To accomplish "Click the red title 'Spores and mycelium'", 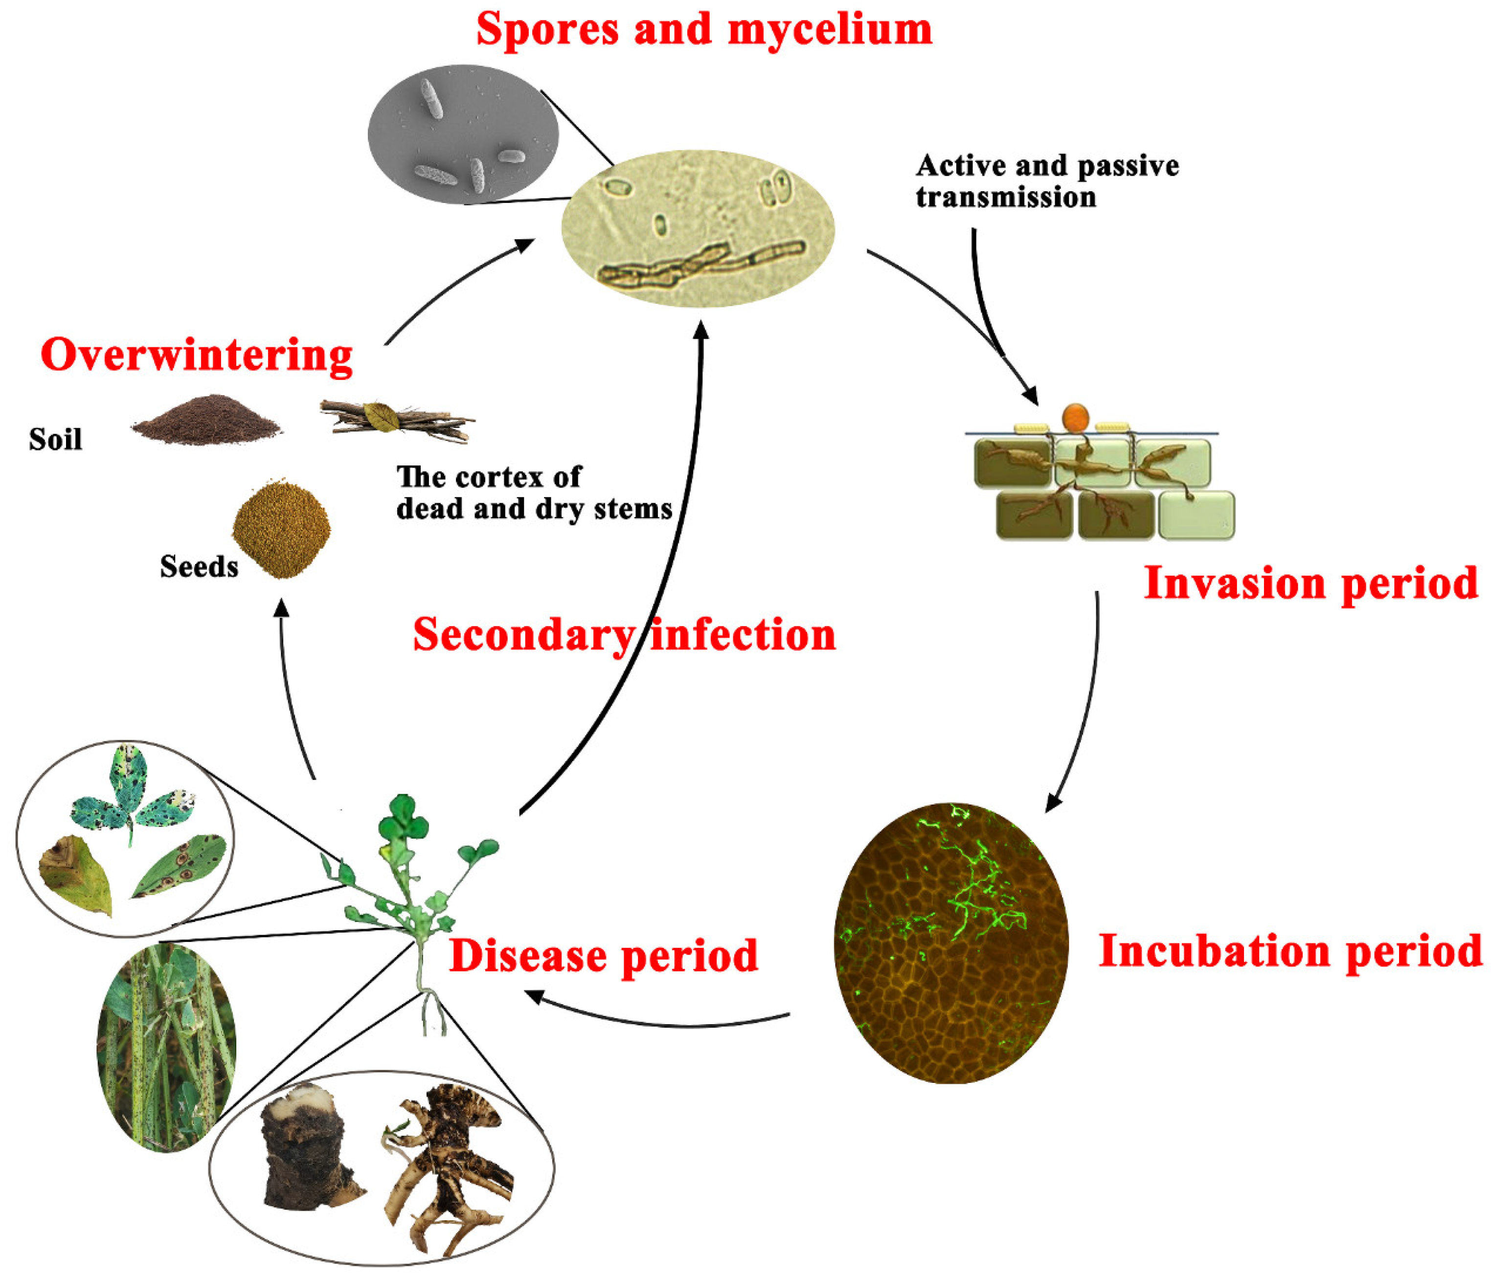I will [704, 30].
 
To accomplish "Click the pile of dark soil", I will [206, 422].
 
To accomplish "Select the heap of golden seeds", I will [281, 529].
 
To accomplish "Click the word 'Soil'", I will [55, 439].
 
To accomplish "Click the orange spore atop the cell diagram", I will [1075, 417].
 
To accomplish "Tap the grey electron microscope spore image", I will [463, 135].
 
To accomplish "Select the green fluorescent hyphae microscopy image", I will [950, 942].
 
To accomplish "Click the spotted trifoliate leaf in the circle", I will [133, 796].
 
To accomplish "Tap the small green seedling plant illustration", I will [410, 899].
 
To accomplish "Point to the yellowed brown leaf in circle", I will [74, 875].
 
